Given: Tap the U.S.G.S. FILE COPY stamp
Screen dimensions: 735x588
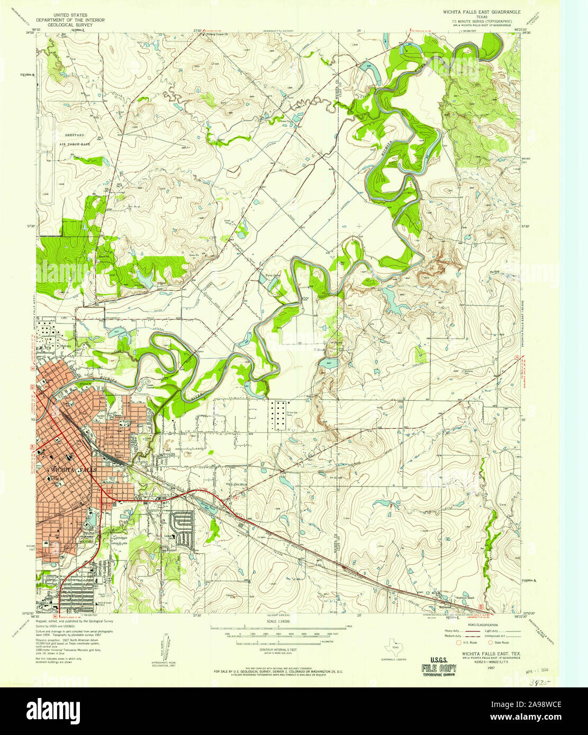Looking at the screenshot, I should pyautogui.click(x=439, y=665).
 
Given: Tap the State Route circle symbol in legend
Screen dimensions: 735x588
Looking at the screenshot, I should pyautogui.click(x=490, y=642).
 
